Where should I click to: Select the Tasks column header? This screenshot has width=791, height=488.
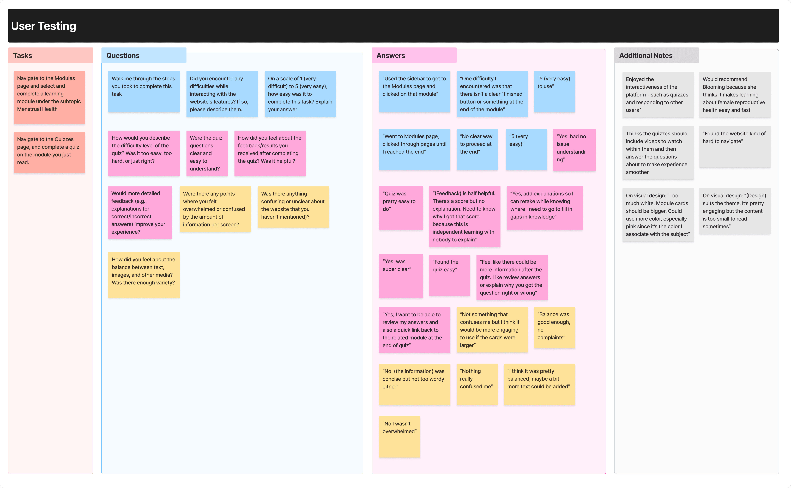23,56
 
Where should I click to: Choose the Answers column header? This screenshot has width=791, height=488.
391,56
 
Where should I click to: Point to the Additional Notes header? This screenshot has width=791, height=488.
646,56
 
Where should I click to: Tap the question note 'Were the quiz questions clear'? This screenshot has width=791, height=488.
207,153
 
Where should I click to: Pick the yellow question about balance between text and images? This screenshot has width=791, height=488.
144,274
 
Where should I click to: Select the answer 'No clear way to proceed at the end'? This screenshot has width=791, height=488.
476,149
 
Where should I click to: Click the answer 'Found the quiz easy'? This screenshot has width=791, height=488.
449,275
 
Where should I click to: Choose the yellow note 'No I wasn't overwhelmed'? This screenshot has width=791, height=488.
399,436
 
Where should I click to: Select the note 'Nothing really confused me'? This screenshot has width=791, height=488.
476,384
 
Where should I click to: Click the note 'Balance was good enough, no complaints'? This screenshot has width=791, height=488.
554,327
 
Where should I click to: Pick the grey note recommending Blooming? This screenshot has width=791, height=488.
734,95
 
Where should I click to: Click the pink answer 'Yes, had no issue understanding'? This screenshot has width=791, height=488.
574,150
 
